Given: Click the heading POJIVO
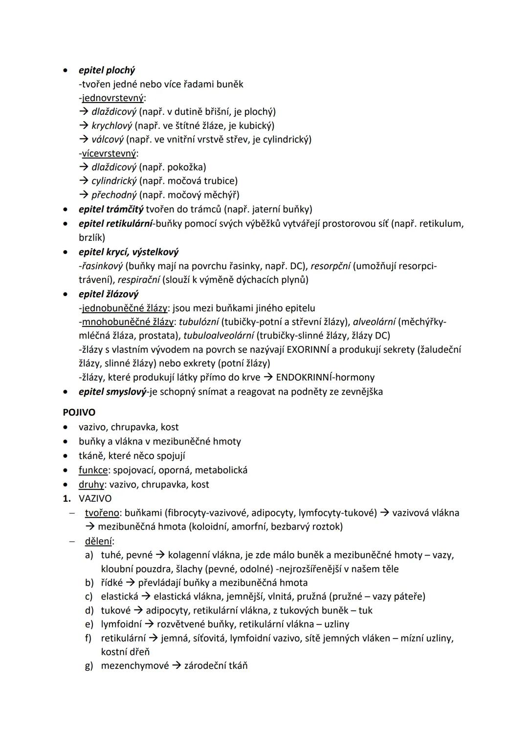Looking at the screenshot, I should tap(79, 412).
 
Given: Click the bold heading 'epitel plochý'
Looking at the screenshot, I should tap(107, 70).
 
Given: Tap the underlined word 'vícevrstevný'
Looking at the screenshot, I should tap(109, 153).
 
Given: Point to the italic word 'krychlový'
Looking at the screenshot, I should tap(111, 126).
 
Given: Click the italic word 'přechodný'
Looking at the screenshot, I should tap(114, 195).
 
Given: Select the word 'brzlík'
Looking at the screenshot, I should tap(92, 237).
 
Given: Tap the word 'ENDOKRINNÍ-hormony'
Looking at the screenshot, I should tap(325, 377).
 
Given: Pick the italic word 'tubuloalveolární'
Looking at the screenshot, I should tap(219, 336).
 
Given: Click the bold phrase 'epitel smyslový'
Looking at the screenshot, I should tap(112, 391).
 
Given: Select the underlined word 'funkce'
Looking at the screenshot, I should tap(93, 470).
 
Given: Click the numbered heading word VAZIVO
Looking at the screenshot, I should tap(95, 498).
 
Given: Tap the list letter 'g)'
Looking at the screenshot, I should tap(89, 665).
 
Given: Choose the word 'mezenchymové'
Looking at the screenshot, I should tap(135, 665).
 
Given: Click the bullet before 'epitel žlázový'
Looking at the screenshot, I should tap(66, 295).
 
